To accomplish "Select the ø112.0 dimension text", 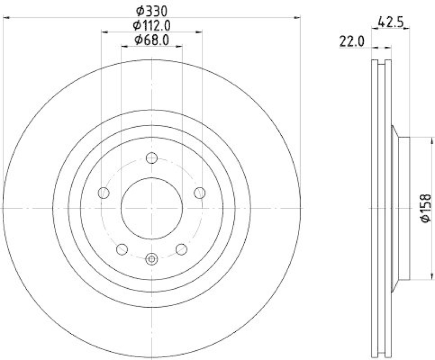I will [152, 25].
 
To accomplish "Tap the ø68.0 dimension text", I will [152, 39].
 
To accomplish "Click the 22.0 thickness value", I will [352, 41].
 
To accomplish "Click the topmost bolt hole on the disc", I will [152, 158].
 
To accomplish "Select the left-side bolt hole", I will [103, 193].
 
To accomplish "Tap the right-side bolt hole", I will [200, 193].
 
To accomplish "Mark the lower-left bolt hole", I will [122, 250].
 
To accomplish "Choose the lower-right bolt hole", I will [181, 250].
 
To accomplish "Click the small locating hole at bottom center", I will [152, 259].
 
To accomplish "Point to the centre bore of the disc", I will [151, 209].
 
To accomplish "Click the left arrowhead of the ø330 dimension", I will [6, 18].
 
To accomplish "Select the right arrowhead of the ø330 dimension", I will [297, 18].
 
